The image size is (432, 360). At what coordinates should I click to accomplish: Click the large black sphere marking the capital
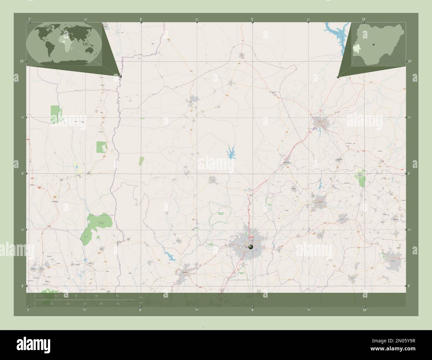click(250, 247)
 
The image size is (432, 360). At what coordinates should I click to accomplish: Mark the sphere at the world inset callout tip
click(120, 76)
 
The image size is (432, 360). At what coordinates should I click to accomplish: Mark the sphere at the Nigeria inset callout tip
click(338, 77)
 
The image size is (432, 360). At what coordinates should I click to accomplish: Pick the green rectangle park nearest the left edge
click(55, 114)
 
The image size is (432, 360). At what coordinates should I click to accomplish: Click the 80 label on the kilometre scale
click(117, 296)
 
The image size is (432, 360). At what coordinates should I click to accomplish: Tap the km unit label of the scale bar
click(141, 297)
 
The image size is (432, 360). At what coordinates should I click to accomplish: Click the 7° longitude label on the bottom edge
click(29, 310)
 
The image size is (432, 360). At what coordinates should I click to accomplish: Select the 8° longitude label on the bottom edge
click(141, 310)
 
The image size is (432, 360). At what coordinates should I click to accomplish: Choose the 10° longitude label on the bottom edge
click(365, 310)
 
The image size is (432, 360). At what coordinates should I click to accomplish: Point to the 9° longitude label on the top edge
click(253, 20)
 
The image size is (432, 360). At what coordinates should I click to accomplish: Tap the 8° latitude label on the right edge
click(409, 286)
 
